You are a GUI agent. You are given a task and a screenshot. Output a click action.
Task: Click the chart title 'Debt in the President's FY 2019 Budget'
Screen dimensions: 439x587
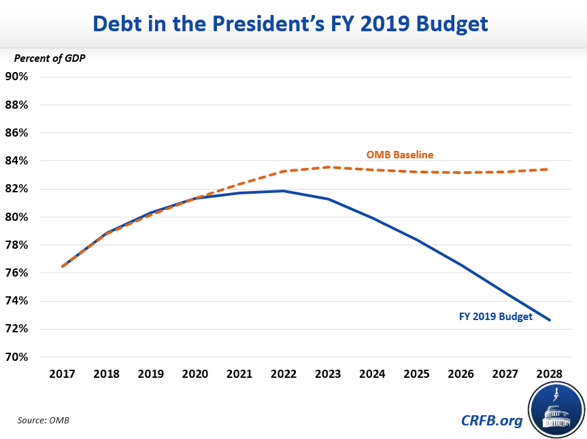(x=290, y=23)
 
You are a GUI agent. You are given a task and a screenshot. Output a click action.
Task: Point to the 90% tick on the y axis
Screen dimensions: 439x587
(x=17, y=76)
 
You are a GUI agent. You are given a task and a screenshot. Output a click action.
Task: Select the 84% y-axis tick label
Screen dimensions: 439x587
(x=17, y=161)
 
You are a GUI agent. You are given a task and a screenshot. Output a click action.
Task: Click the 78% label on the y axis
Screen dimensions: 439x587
(x=17, y=245)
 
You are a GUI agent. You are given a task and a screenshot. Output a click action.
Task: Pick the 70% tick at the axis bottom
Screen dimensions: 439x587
(x=17, y=357)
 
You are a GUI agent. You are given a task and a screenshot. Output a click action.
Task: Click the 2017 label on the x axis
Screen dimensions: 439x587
(x=62, y=374)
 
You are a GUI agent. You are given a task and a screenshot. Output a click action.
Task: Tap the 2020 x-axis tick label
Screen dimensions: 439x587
(x=195, y=374)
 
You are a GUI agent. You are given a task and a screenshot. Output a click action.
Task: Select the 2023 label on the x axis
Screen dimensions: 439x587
(x=328, y=374)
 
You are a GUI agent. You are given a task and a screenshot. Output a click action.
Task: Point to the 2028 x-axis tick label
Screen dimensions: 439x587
(x=550, y=374)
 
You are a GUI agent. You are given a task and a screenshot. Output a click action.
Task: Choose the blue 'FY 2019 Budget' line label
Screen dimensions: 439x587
(x=494, y=316)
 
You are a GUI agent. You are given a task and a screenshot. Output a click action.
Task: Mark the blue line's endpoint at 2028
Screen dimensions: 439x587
(x=550, y=319)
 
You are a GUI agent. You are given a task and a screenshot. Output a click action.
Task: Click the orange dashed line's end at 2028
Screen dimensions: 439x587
(x=550, y=169)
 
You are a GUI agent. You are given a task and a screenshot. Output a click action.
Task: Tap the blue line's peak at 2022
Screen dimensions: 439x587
(x=284, y=191)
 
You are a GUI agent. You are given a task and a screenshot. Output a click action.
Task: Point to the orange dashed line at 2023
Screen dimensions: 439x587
(x=328, y=167)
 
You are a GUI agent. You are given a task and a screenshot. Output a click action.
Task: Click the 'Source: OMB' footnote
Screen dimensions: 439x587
(x=44, y=421)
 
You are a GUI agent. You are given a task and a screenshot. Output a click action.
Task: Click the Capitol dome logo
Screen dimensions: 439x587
(x=556, y=410)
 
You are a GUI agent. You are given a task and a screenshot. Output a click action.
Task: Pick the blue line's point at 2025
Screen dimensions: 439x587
(x=416, y=240)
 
